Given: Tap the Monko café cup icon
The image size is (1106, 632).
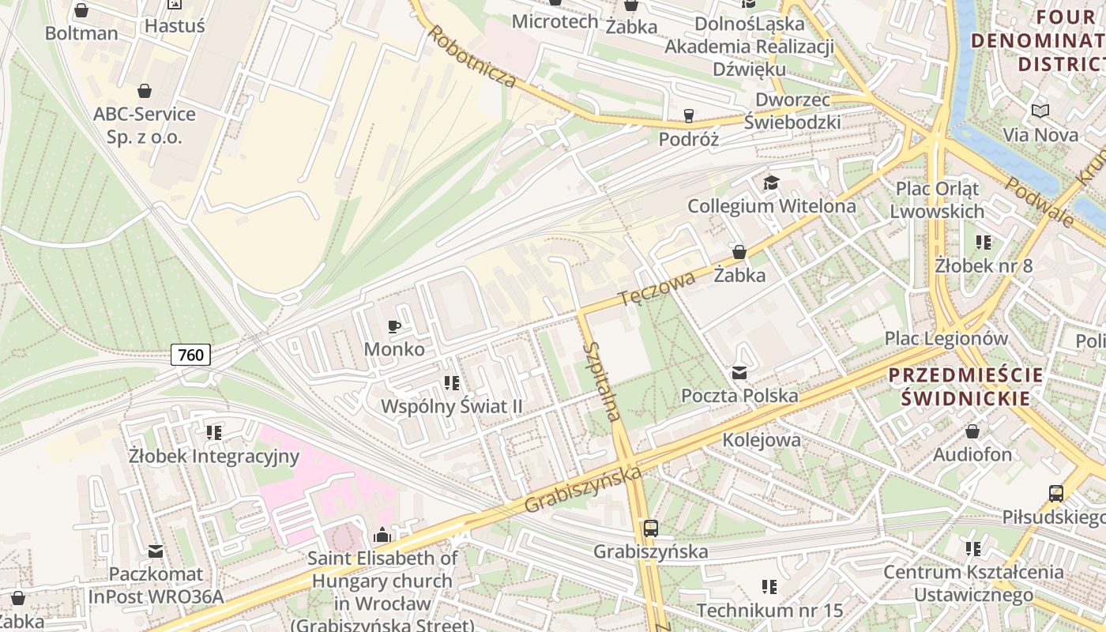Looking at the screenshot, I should (394, 326).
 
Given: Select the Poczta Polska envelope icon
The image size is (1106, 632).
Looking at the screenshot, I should (739, 373).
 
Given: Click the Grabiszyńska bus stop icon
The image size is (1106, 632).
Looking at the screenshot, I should (650, 529).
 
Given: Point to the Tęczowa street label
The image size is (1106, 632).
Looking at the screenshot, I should (656, 288).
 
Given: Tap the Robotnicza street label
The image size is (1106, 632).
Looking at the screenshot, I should (472, 56).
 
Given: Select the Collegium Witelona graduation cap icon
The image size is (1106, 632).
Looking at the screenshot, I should (770, 183).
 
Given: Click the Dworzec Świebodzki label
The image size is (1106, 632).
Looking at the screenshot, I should (792, 111).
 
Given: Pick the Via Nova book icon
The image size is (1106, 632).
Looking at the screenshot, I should (1040, 111).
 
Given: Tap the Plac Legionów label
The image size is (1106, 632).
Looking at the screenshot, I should (946, 338).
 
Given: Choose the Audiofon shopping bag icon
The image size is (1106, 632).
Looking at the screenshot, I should (972, 431).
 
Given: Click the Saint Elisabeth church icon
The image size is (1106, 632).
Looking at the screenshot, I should (382, 536).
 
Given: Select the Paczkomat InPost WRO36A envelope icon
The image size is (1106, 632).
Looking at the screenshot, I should (156, 551).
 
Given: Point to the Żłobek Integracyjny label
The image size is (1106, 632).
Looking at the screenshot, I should (214, 456).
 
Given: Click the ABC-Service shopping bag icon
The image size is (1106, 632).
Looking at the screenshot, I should (145, 91).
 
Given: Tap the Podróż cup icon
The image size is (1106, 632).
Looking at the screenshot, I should (689, 116).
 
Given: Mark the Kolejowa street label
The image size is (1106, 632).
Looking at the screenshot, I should (762, 440).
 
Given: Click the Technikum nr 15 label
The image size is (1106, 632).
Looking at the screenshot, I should (769, 611).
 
